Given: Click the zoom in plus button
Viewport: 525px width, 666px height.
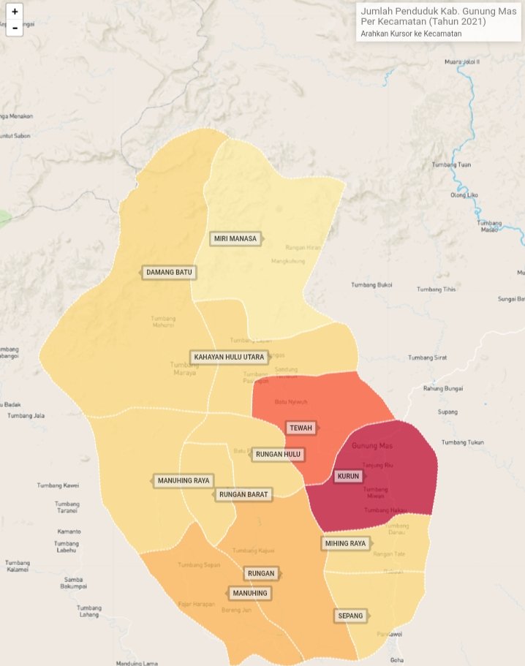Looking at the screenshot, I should (x=15, y=12).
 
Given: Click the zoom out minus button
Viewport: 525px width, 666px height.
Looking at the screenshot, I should (x=15, y=29).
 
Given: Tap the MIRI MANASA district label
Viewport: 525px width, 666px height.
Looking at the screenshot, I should (x=234, y=239).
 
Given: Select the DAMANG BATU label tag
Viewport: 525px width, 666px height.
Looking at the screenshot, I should (x=169, y=273).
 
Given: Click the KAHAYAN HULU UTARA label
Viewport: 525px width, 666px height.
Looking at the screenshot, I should (x=228, y=357).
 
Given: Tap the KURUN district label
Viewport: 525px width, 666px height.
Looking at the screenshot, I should (x=348, y=477).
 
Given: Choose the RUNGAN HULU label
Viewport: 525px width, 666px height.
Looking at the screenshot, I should (x=277, y=455).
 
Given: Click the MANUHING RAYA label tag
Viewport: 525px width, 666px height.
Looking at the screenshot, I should (x=183, y=481).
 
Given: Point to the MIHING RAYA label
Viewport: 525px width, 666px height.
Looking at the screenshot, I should (x=345, y=543).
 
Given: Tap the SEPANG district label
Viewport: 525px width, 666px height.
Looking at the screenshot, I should (x=350, y=616).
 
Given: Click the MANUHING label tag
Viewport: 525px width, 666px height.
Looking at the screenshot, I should (x=249, y=593).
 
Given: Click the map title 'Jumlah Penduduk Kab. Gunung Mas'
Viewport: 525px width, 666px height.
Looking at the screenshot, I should (x=438, y=16).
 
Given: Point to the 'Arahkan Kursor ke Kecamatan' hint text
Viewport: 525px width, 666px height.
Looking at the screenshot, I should (x=411, y=34).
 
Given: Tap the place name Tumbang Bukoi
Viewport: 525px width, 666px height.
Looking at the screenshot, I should (x=371, y=285).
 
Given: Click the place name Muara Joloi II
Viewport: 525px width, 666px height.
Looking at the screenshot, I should (x=461, y=62).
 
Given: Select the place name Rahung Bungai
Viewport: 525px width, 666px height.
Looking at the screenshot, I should (x=443, y=389).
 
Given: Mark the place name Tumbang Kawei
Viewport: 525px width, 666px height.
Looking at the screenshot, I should (x=58, y=485).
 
